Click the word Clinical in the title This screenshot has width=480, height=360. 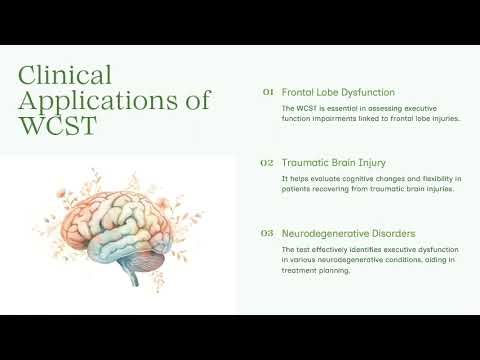pos(65,75)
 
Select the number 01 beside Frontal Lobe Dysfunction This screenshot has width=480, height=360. pos(268,91)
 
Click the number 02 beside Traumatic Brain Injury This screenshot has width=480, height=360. pos(268,161)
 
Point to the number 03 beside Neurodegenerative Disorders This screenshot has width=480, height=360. pos(268,233)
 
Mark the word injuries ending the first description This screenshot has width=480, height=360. pos(441,118)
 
